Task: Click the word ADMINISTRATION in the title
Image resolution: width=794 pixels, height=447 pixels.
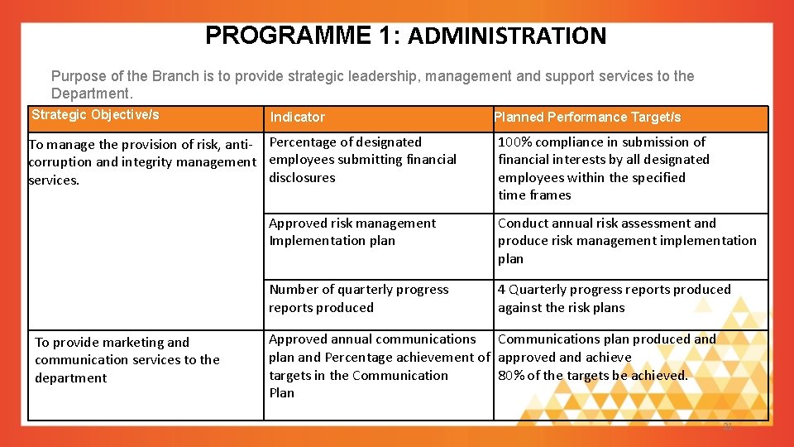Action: (507, 36)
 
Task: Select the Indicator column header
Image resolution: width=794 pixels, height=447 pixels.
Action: (297, 118)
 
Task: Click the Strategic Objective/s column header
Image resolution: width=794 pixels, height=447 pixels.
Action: (95, 115)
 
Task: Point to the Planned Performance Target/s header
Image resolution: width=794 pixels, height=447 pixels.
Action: (587, 118)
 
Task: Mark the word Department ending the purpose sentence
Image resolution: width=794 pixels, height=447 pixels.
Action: (90, 94)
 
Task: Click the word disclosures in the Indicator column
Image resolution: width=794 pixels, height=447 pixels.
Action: (302, 177)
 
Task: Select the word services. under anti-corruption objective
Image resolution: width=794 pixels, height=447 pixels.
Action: (54, 180)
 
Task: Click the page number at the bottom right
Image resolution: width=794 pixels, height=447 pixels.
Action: (728, 427)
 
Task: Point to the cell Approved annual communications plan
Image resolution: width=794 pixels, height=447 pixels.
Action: (378, 365)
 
